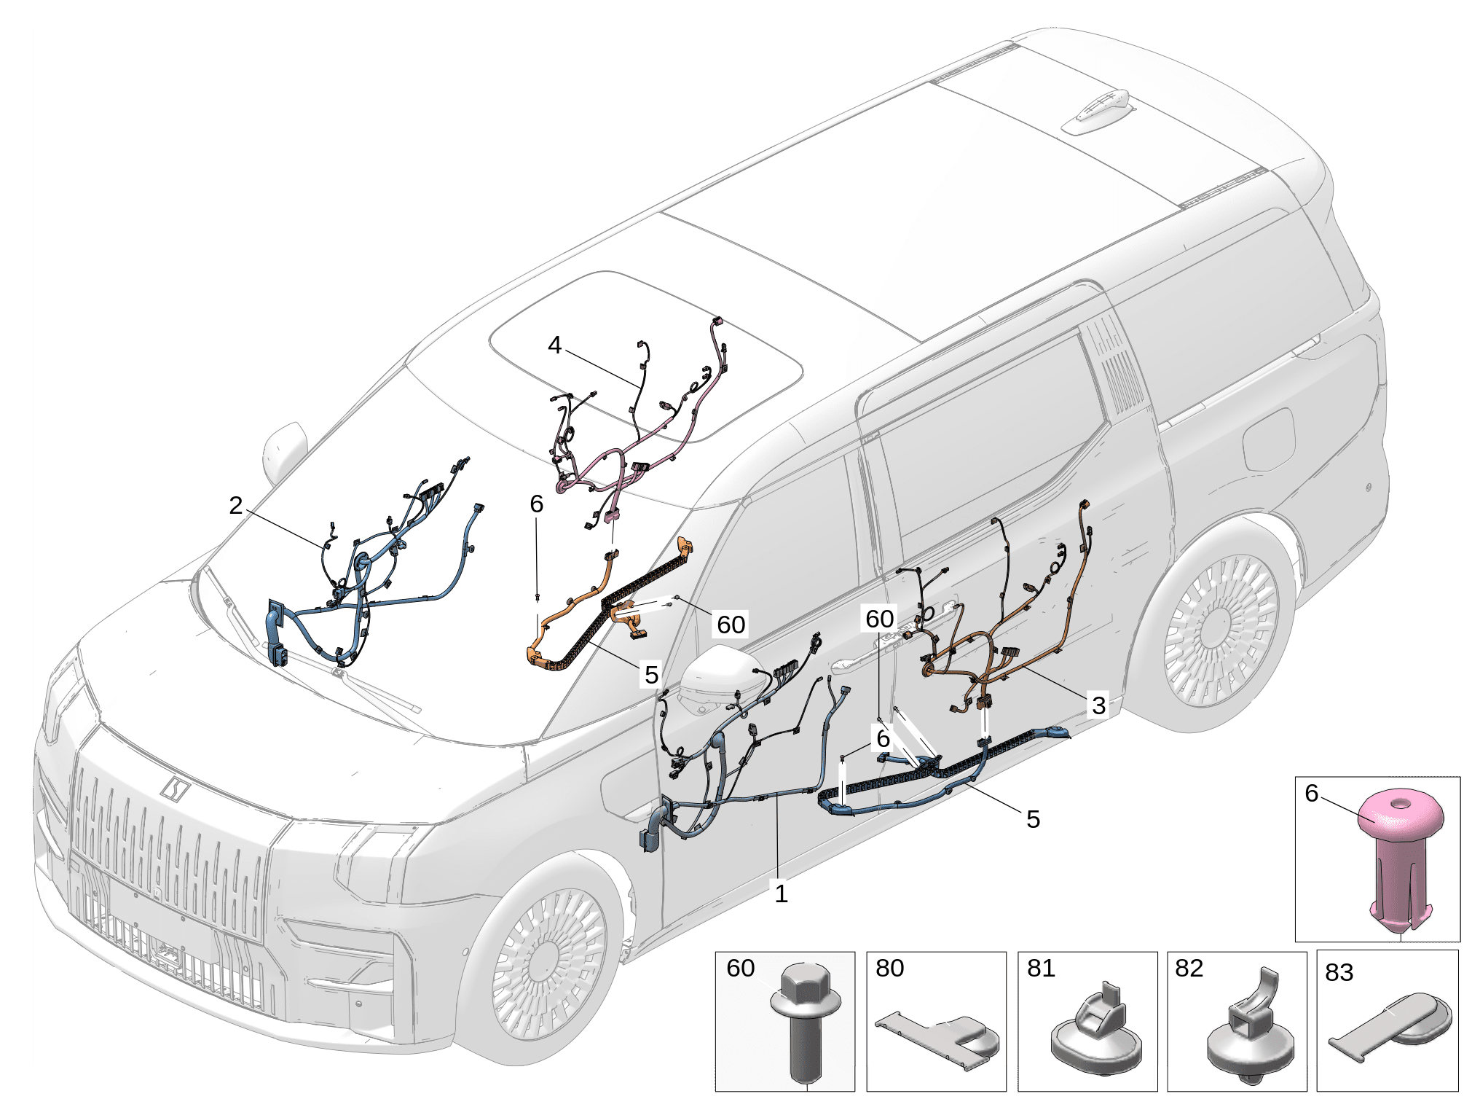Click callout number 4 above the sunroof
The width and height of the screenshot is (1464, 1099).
(555, 345)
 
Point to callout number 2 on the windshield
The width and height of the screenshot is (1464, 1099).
(235, 506)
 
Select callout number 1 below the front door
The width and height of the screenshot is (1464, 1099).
(781, 893)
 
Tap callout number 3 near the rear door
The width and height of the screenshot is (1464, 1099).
(1098, 705)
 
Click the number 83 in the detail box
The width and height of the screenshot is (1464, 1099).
(1339, 973)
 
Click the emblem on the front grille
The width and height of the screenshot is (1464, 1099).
(175, 788)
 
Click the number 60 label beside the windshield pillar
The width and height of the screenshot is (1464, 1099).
(731, 625)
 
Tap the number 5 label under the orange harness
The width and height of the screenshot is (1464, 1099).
(650, 675)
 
